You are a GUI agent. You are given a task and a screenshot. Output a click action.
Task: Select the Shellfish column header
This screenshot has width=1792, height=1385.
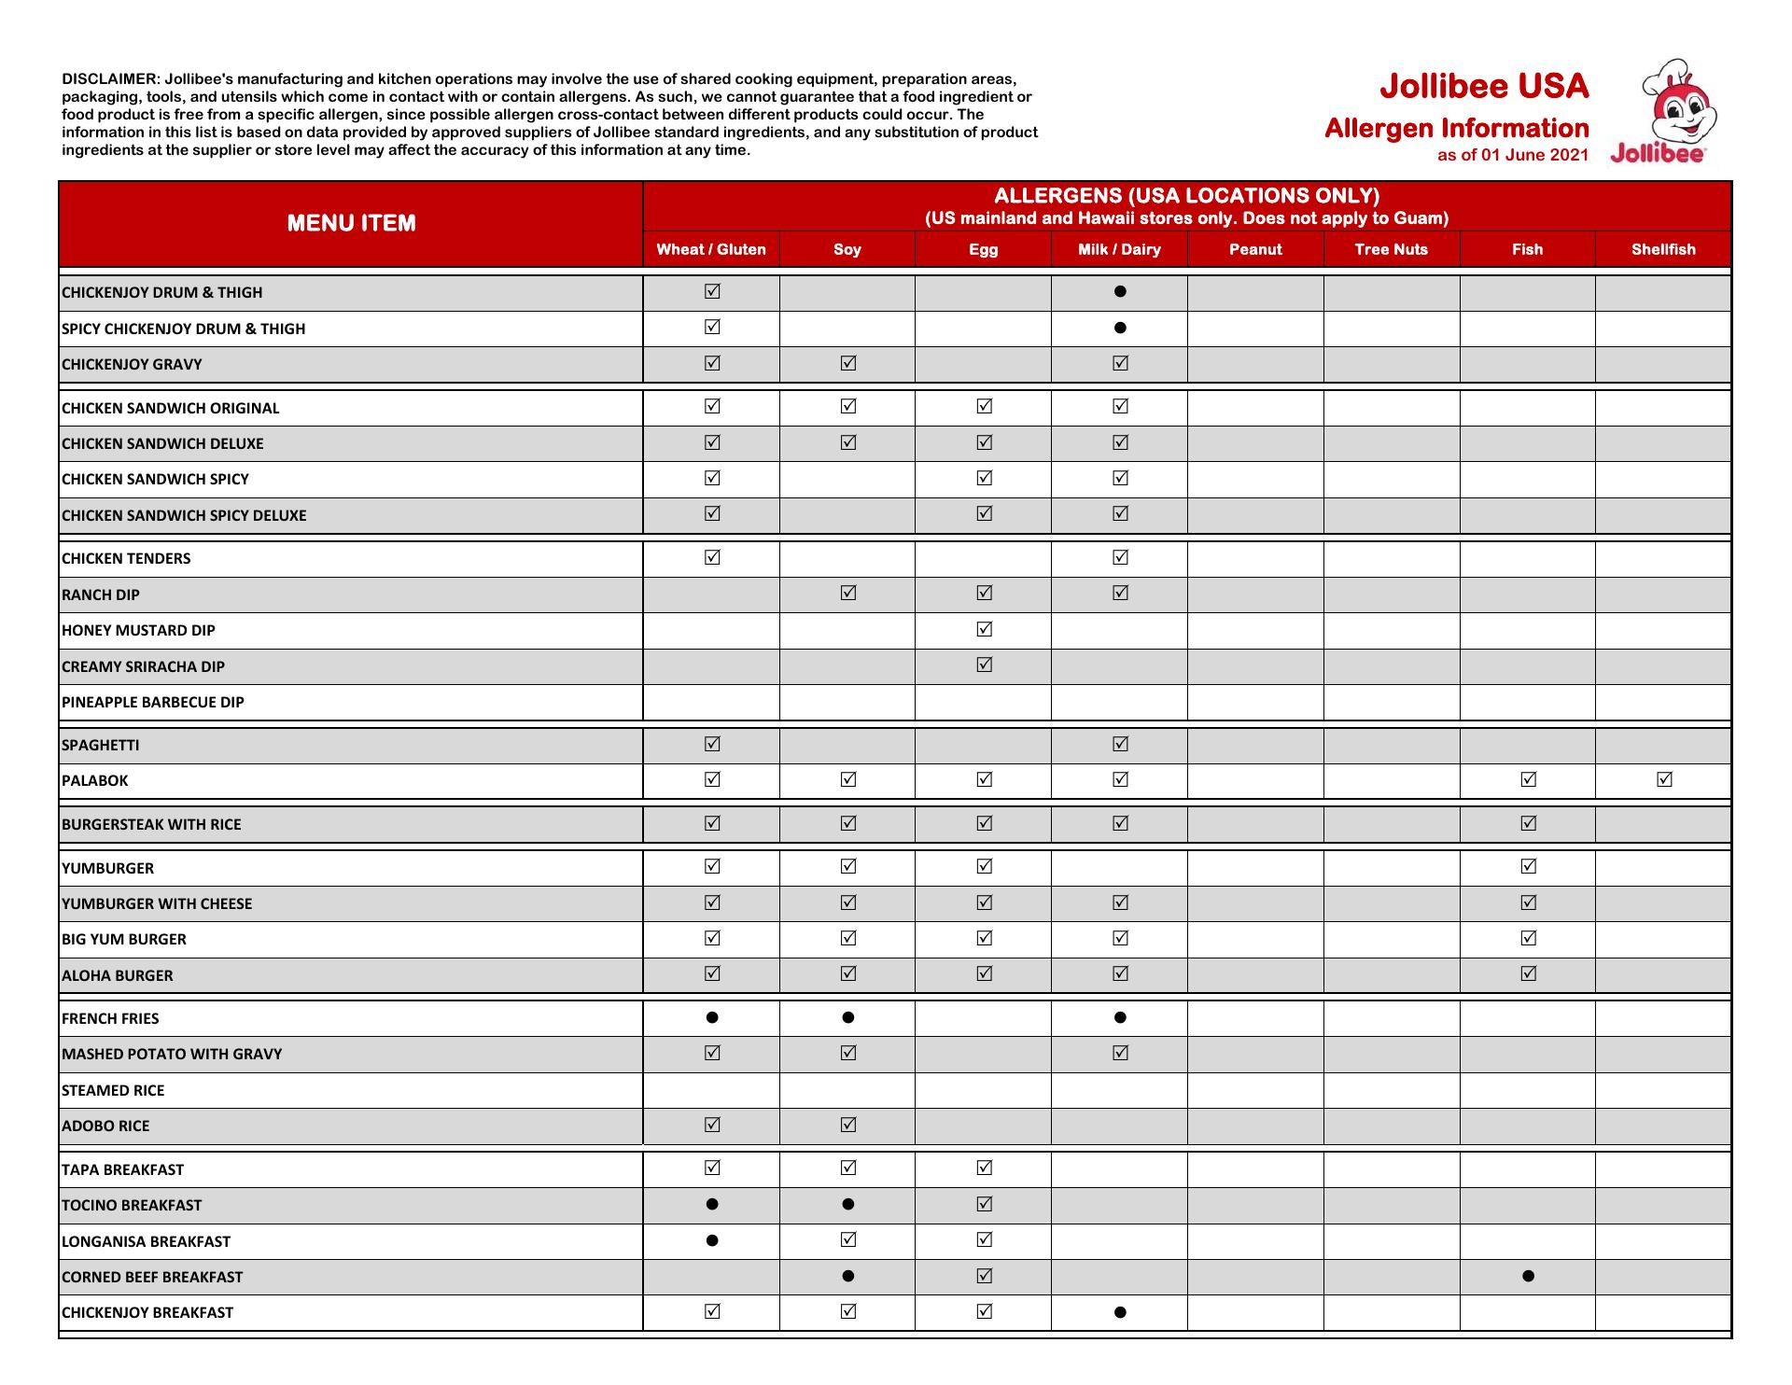click(1663, 249)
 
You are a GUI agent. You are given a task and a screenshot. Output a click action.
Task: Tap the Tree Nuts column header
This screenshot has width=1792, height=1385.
click(1391, 249)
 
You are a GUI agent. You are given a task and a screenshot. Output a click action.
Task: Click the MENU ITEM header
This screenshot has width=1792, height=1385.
click(351, 223)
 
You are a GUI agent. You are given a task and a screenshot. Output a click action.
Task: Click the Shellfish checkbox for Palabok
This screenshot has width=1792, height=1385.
click(1664, 779)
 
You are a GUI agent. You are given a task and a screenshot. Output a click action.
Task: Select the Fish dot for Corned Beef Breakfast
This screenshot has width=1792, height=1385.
click(1528, 1276)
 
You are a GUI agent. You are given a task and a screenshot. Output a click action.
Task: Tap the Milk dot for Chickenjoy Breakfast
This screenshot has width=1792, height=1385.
click(1120, 1312)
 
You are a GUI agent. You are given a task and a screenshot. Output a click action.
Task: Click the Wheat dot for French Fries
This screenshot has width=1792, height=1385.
click(712, 1017)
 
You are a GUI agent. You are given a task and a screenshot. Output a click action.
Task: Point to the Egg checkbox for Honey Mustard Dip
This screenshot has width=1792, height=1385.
click(984, 629)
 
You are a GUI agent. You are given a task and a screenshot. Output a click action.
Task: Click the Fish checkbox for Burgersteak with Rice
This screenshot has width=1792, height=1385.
click(1528, 823)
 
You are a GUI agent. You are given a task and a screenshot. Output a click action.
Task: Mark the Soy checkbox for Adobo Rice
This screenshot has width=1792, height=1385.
click(847, 1125)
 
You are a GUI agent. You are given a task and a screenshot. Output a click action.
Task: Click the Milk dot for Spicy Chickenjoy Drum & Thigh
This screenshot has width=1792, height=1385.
click(1120, 328)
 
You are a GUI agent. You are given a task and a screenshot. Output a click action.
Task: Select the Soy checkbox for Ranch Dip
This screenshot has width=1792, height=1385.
click(847, 593)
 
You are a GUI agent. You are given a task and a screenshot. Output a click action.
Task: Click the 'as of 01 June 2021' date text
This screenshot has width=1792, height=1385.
click(1512, 155)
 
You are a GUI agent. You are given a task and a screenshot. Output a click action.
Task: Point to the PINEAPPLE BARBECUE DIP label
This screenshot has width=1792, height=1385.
click(153, 702)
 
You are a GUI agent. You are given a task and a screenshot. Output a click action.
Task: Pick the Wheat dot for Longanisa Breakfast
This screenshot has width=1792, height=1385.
click(712, 1240)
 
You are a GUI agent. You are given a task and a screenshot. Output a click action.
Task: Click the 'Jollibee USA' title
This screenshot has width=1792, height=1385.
click(1484, 87)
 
